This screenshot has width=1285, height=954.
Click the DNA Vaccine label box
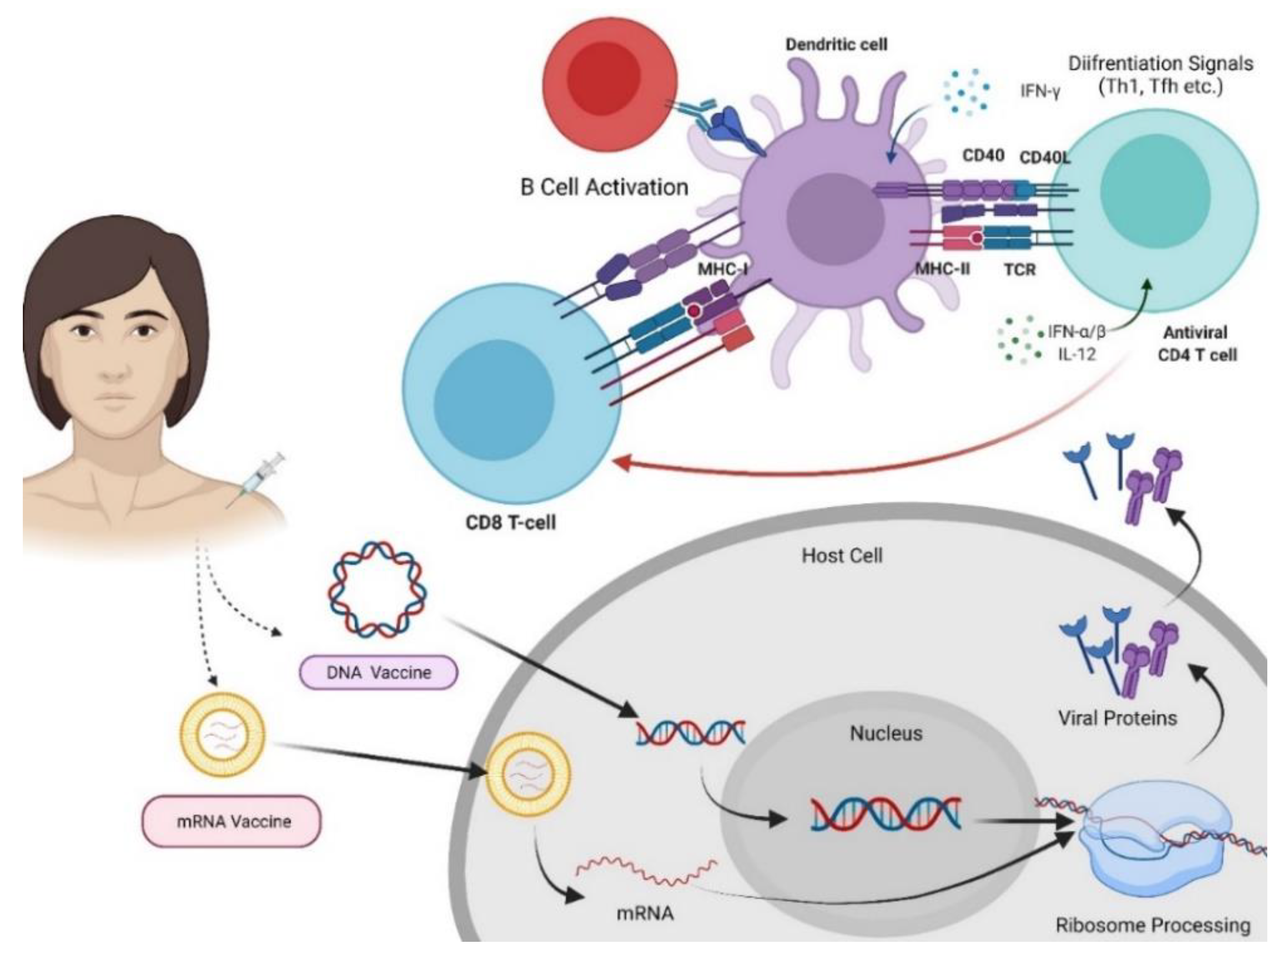(x=378, y=672)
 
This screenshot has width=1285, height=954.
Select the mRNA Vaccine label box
(x=232, y=821)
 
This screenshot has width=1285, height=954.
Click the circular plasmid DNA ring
(x=378, y=589)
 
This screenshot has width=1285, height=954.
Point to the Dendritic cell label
(x=836, y=44)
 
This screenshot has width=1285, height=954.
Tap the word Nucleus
(x=886, y=733)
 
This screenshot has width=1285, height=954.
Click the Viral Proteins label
(x=1117, y=718)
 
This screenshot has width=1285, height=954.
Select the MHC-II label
(x=943, y=269)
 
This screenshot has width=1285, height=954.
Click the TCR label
(x=1020, y=269)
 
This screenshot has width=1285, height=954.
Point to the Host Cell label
(x=842, y=555)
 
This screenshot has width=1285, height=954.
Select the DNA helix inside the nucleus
(x=886, y=814)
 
